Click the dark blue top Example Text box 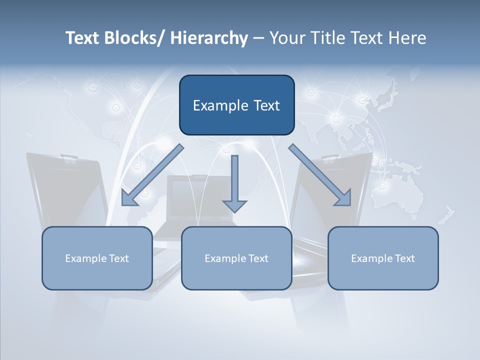[236, 105]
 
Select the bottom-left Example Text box [97, 258]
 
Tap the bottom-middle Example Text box [236, 258]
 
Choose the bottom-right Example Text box [383, 258]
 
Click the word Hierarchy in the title [209, 38]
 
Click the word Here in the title [408, 38]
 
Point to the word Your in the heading [287, 38]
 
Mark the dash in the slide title [258, 38]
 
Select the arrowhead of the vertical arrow [234, 205]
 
